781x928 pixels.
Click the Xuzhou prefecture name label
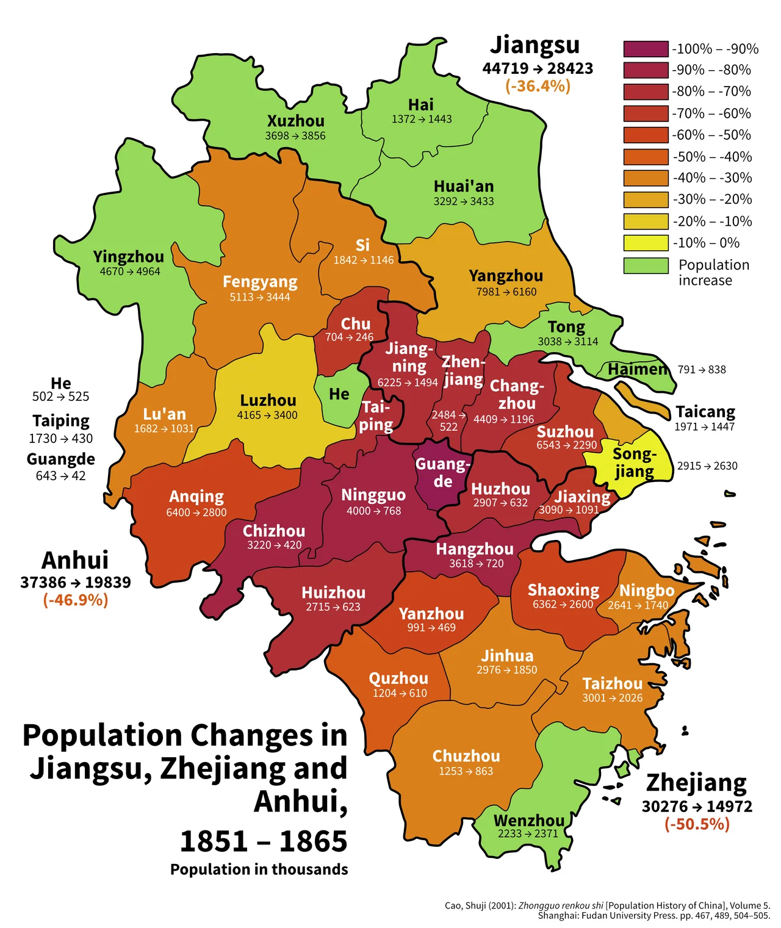[295, 121]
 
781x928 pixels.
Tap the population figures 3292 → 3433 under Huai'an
[464, 201]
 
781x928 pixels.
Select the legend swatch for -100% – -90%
[646, 49]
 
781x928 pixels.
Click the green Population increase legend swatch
[646, 265]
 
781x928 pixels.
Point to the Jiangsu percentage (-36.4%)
[538, 86]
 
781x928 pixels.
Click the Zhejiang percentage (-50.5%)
[697, 824]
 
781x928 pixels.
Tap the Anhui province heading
[75, 560]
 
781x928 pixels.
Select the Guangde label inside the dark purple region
[443, 472]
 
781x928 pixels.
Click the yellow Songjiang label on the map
[635, 462]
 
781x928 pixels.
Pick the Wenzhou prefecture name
[528, 820]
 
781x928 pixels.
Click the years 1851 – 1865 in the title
[264, 841]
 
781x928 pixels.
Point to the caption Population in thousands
[259, 869]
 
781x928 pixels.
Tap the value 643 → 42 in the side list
[60, 476]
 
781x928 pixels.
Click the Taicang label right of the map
[705, 412]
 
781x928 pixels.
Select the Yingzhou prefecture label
[128, 257]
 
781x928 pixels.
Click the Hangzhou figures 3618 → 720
[476, 564]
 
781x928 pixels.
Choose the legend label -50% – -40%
[711, 157]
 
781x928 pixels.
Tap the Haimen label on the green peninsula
[638, 369]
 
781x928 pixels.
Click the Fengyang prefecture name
[260, 282]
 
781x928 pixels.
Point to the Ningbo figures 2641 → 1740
[638, 605]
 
